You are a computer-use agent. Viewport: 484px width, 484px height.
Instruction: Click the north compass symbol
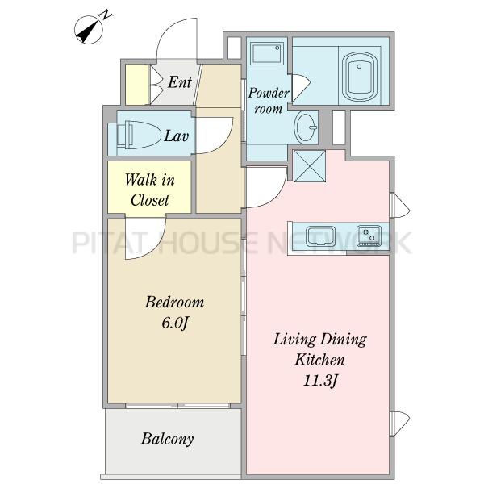(89, 30)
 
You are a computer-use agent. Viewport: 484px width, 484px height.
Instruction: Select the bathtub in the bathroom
(359, 77)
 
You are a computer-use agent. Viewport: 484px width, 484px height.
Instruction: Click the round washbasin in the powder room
(306, 127)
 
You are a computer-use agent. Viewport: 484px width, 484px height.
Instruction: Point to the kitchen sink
(320, 236)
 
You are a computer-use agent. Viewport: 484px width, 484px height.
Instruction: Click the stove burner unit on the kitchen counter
(369, 236)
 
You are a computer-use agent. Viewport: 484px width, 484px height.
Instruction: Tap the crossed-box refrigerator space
(309, 165)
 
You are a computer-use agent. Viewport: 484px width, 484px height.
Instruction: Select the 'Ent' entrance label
(180, 82)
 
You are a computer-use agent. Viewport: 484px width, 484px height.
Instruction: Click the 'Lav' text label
(176, 136)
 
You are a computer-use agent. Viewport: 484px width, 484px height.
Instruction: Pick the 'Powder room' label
(269, 101)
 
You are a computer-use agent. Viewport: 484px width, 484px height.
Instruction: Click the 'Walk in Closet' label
(150, 190)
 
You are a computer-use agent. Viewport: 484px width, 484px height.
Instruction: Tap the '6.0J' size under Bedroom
(175, 323)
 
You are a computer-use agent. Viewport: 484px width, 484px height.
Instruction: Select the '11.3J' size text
(319, 380)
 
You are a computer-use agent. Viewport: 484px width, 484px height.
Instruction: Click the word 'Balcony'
(168, 439)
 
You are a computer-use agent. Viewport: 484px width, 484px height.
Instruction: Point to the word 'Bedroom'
(175, 302)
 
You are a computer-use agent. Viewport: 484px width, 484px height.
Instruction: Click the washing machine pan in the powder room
(267, 53)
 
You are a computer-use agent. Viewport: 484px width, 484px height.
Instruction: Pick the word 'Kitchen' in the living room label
(319, 360)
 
